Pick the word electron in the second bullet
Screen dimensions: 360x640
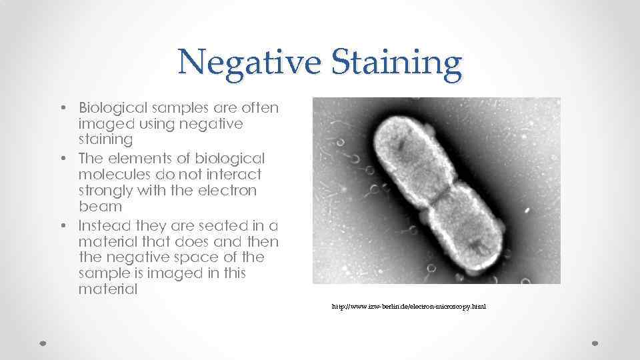224,191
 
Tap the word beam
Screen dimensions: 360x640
98,207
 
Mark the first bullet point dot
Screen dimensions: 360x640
61,108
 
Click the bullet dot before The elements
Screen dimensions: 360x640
61,159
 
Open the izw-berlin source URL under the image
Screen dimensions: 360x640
409,307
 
